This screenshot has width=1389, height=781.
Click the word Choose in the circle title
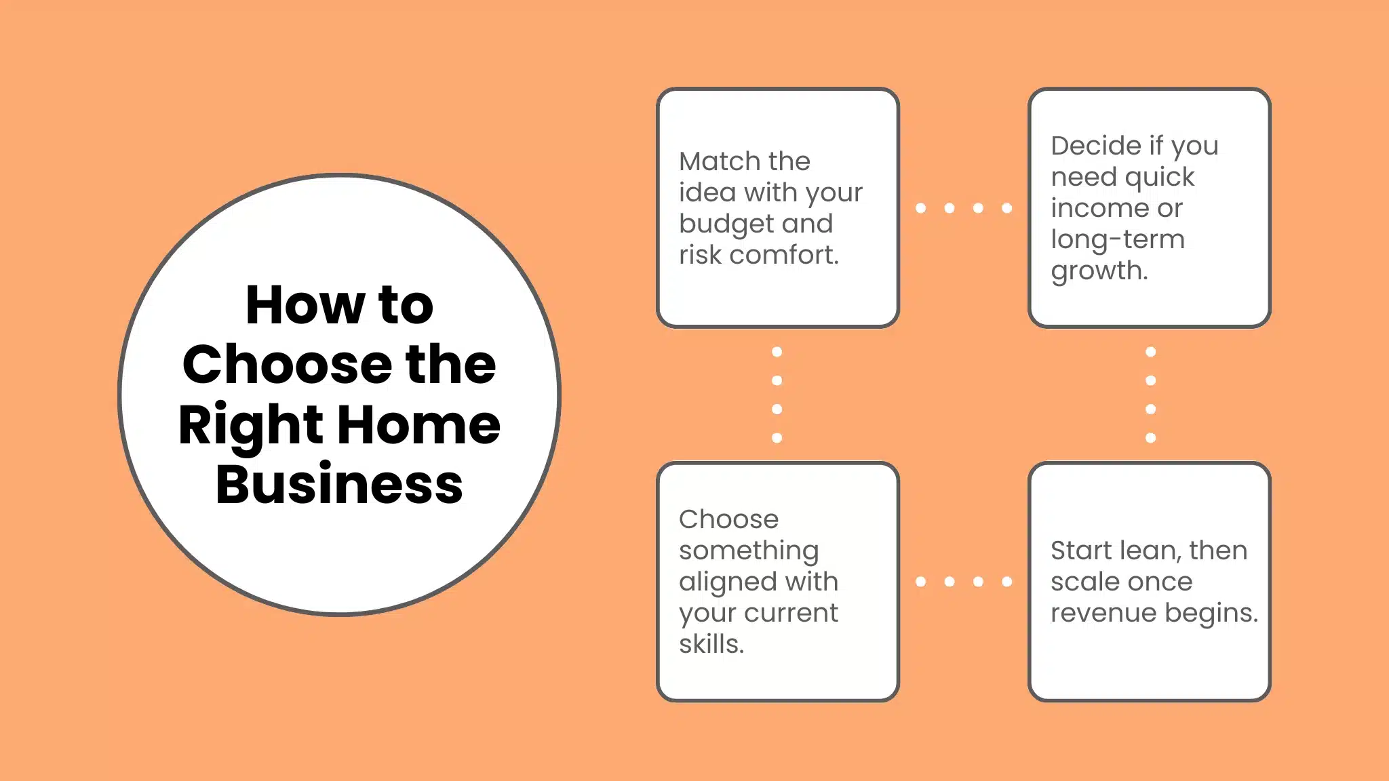tap(287, 365)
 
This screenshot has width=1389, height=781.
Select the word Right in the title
tap(250, 426)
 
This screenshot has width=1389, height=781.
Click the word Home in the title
tap(418, 424)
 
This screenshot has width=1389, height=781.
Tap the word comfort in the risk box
tap(783, 255)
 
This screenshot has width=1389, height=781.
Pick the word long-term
tap(1117, 239)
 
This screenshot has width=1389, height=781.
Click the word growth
tap(1099, 271)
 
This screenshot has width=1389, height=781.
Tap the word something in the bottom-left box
tap(749, 550)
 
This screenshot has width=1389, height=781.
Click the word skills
tap(711, 644)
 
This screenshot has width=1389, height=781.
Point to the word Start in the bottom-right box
tap(1082, 550)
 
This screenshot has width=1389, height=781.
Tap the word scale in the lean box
tap(1083, 582)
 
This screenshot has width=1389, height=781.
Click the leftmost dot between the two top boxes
tap(920, 208)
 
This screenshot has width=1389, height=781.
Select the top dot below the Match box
tap(777, 352)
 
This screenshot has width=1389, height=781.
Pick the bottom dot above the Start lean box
tap(1150, 438)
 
